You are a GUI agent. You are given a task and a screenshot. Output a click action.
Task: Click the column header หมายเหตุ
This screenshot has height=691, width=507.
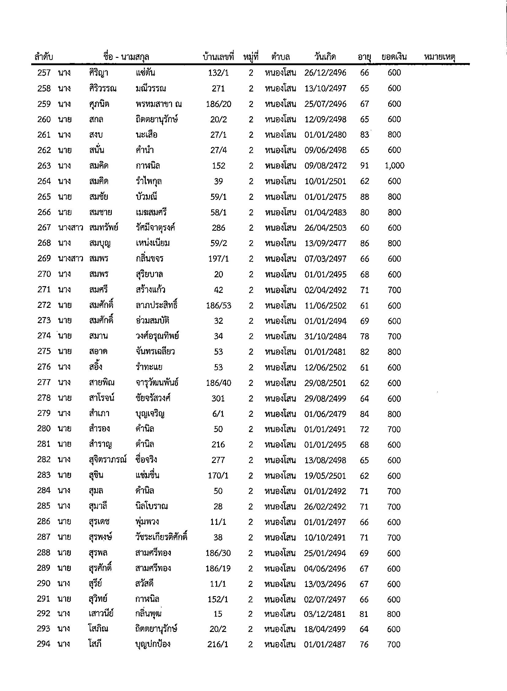[x=439, y=57]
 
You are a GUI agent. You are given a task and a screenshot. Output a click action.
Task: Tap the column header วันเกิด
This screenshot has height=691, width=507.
[x=325, y=57]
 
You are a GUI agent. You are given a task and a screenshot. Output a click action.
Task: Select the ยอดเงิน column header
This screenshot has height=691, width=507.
[x=394, y=57]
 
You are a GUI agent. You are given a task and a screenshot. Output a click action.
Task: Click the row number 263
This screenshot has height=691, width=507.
[x=44, y=166]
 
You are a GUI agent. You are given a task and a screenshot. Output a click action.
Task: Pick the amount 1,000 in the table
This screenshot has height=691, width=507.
[x=394, y=166]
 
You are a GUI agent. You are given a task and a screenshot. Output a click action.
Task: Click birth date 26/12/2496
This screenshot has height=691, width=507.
[x=325, y=73]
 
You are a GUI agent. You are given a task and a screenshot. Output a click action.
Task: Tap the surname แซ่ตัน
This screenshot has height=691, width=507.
[x=145, y=73]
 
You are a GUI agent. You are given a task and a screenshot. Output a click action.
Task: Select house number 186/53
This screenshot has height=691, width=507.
[x=219, y=305]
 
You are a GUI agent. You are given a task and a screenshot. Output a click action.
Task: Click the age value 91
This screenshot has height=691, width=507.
[x=365, y=166]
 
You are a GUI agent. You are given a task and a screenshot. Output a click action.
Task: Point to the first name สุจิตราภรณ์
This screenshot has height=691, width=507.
[x=107, y=460]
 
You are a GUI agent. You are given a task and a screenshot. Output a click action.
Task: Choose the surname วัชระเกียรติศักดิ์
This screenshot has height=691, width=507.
[x=161, y=537]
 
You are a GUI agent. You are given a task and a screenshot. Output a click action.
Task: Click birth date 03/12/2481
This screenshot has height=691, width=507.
[x=325, y=614]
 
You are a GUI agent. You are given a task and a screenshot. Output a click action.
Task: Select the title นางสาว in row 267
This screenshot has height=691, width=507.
[x=70, y=228]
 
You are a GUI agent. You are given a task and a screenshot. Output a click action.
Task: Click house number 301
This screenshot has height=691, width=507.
[x=218, y=398]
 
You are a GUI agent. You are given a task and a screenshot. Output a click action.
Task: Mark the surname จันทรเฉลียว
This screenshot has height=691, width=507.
[x=155, y=352]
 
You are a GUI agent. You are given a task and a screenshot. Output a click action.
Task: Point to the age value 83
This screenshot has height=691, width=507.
[x=365, y=135]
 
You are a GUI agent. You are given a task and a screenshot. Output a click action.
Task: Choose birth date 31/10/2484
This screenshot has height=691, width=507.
[x=325, y=336]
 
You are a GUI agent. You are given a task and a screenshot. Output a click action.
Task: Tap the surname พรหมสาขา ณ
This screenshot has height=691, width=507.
[x=158, y=104]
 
